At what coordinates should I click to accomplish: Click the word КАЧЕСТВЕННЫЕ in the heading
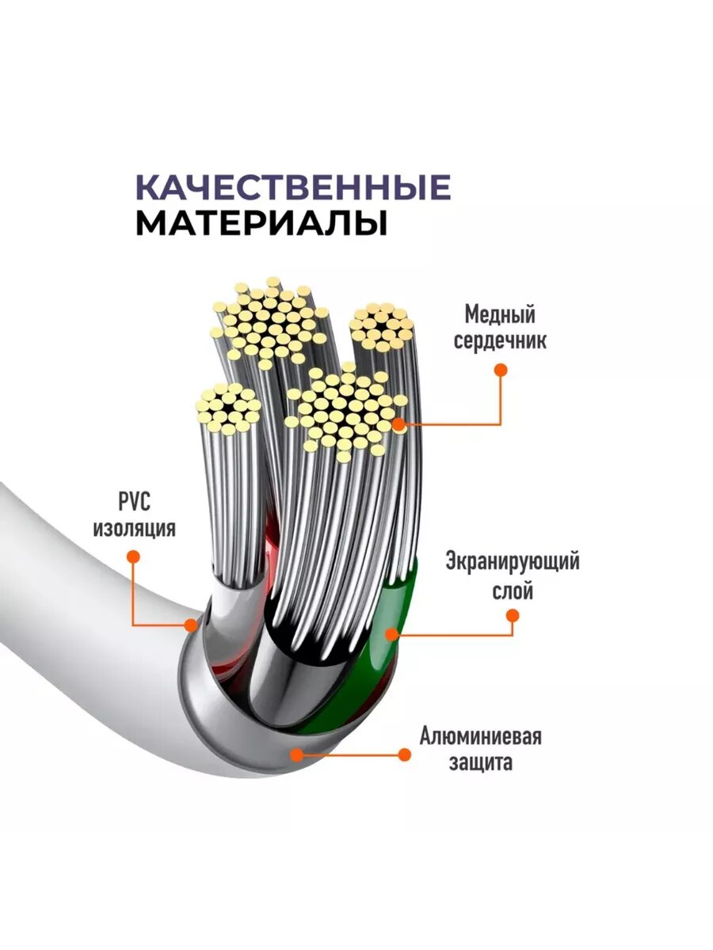(293, 188)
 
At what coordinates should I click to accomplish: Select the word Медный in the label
(500, 315)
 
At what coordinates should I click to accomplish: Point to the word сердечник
(500, 340)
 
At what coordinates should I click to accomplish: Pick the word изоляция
(134, 529)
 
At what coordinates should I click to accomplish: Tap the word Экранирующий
(512, 563)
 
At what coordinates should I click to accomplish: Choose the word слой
(512, 591)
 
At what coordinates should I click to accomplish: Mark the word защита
(481, 762)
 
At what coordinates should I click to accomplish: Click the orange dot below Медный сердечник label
(500, 370)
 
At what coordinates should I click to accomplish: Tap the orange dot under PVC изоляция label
(134, 557)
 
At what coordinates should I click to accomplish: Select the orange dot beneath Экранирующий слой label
(512, 616)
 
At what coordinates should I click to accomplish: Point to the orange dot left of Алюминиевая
(405, 754)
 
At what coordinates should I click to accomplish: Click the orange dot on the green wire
(391, 633)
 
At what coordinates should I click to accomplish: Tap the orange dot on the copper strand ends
(398, 424)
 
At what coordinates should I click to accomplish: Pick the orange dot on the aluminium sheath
(296, 754)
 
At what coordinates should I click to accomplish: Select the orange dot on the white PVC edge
(191, 624)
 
